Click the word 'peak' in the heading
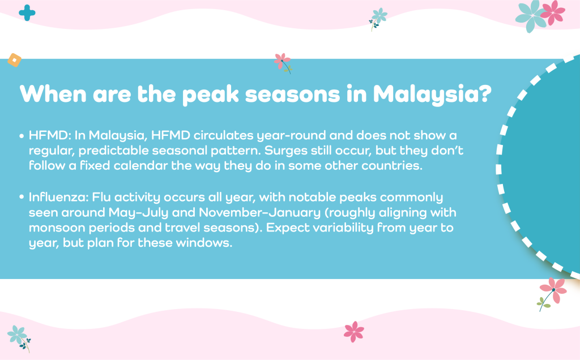pyautogui.click(x=211, y=95)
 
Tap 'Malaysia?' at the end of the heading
pyautogui.click(x=432, y=95)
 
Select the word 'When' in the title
pyautogui.click(x=53, y=94)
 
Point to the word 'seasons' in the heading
pyautogui.click(x=293, y=95)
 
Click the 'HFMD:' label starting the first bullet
pyautogui.click(x=50, y=135)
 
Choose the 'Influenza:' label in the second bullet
pyautogui.click(x=59, y=197)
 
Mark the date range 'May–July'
pyautogui.click(x=138, y=213)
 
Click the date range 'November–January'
pyautogui.click(x=259, y=213)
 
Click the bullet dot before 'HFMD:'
pyautogui.click(x=22, y=136)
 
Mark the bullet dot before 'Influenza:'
pyautogui.click(x=22, y=198)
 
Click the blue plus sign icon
pyautogui.click(x=27, y=13)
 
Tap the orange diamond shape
pyautogui.click(x=14, y=60)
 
